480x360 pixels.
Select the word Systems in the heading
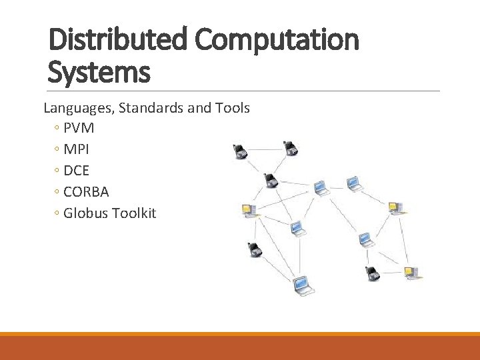coord(99,71)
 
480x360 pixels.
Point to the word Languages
coord(79,107)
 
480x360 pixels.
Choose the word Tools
coord(231,107)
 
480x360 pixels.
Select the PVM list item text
coord(79,128)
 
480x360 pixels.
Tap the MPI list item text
coord(77,149)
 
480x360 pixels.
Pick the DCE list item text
coord(77,171)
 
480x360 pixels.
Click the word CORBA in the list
coord(86,192)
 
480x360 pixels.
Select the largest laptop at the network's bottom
coord(303,285)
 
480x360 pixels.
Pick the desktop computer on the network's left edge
coord(249,211)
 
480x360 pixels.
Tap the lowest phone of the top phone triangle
coord(269,179)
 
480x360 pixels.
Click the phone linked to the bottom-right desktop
coord(372,273)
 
